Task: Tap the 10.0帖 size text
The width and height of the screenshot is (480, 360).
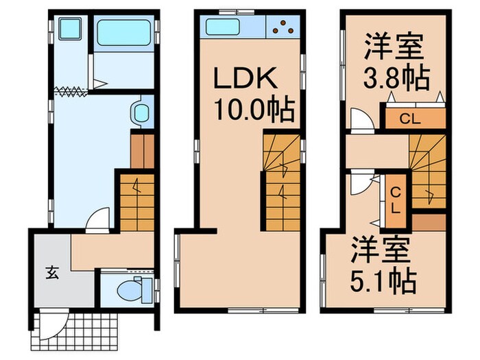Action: tap(253, 108)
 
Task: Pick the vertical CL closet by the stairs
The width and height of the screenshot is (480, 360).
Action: tap(396, 197)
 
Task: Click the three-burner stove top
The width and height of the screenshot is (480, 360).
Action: tap(283, 27)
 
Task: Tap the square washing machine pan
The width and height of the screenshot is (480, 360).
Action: tap(69, 29)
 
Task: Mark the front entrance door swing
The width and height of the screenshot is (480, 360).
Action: tap(55, 319)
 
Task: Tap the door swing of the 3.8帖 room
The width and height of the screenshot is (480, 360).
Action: tap(359, 122)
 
